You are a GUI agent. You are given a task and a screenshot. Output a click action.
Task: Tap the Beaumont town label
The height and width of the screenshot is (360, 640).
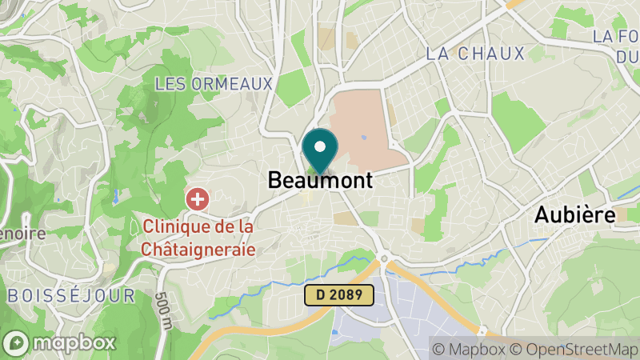pos(320,181)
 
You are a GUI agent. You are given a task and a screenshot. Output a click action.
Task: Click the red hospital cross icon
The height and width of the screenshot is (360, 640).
pos(197,198)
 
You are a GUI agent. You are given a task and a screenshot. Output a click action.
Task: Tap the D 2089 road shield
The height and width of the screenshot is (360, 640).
pos(339,295)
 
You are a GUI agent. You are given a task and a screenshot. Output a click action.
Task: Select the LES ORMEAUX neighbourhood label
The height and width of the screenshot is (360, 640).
pos(214,83)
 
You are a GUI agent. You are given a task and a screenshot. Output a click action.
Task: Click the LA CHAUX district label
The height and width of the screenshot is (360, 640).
pos(475,54)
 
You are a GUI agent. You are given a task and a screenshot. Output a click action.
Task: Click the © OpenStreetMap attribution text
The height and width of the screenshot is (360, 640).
pos(574,349)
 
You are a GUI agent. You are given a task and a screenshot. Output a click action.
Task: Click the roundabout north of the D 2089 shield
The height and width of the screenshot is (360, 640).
pos(384,259)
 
